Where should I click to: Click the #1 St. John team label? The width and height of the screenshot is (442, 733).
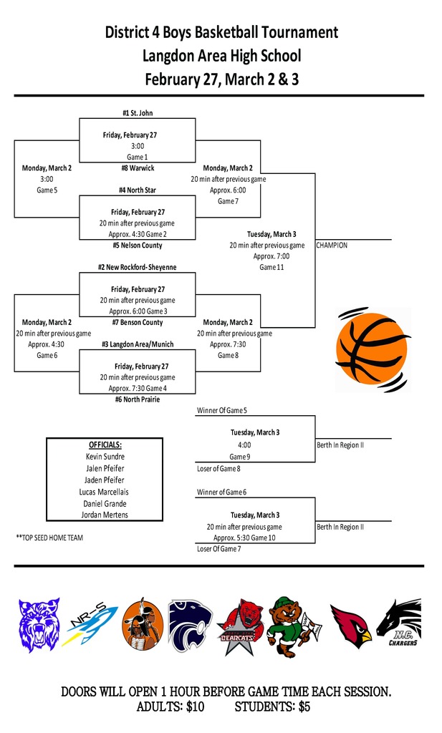pos(137,113)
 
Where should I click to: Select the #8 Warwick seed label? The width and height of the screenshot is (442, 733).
pos(137,168)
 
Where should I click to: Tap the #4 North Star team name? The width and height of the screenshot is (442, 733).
pos(137,190)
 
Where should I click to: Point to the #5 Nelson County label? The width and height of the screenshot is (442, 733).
pos(137,246)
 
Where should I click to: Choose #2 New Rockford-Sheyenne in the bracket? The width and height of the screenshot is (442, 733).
pos(137,267)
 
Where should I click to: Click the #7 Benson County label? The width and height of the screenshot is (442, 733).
pos(137,323)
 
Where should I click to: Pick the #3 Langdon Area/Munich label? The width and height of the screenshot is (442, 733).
pos(137,344)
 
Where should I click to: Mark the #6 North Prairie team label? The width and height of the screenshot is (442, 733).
pos(137,399)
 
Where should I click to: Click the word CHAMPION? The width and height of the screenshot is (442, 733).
pos(332,246)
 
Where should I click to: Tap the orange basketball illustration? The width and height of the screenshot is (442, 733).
pos(372,350)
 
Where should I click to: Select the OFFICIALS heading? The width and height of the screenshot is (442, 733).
pos(105,445)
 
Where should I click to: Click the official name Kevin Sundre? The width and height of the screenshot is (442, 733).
pos(105,457)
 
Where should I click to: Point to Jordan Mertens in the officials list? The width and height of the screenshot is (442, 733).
pos(105,515)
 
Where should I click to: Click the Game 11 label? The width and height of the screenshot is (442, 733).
pos(271,267)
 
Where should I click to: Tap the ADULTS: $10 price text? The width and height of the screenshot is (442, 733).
pos(170,707)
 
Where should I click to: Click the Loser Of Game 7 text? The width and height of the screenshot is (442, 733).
pos(218,549)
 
